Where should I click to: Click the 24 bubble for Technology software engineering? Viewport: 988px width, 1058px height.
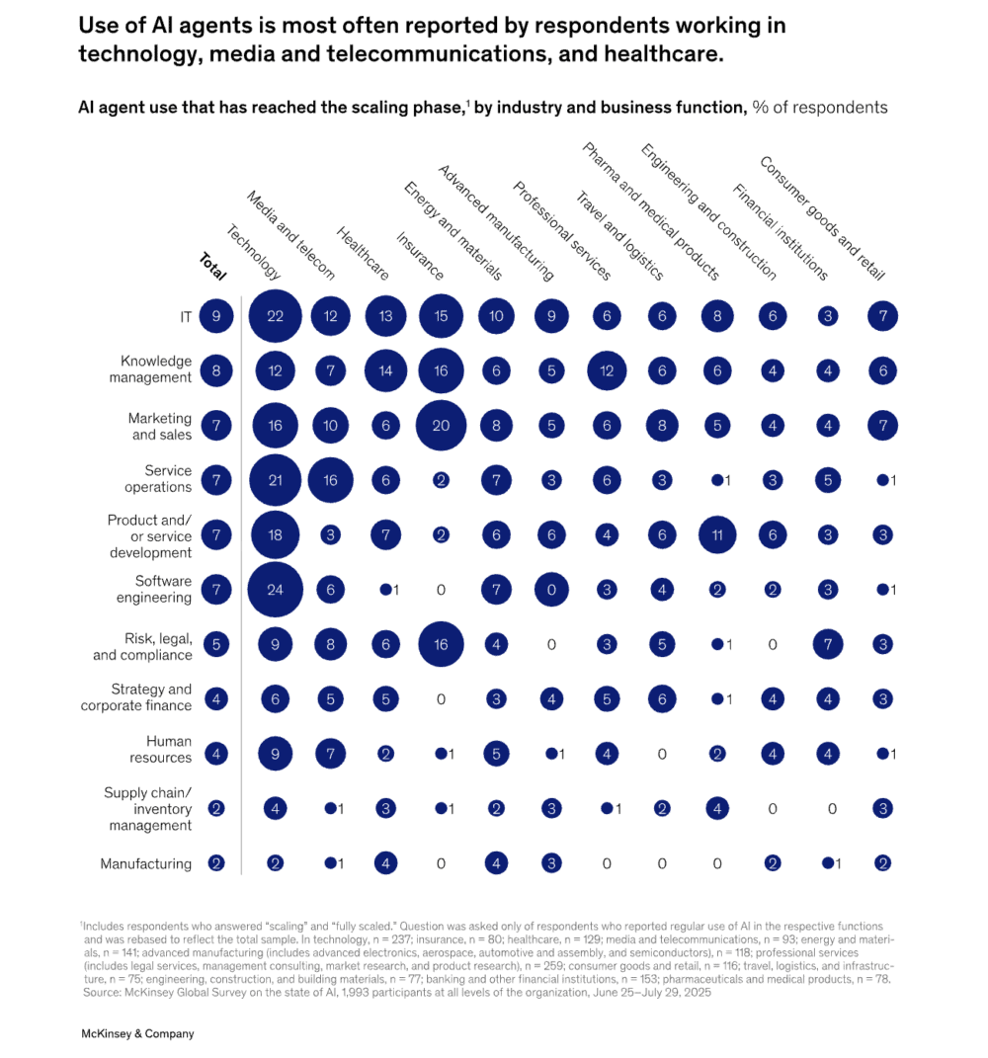click(x=276, y=590)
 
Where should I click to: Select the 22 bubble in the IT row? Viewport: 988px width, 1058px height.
click(x=276, y=317)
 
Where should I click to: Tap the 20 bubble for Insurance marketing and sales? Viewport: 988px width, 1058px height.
click(x=441, y=426)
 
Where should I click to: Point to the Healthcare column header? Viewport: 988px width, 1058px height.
click(x=363, y=254)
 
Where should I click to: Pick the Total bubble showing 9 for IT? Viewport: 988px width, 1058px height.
click(x=215, y=317)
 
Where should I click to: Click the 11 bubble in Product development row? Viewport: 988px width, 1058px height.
click(x=717, y=535)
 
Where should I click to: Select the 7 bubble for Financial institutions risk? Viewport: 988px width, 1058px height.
click(x=828, y=644)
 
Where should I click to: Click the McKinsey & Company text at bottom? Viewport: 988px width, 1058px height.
click(x=137, y=1033)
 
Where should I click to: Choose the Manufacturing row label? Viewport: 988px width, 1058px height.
click(x=145, y=863)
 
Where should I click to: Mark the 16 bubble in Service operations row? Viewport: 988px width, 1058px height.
click(x=331, y=480)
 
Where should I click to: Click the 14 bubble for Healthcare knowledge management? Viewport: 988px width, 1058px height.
click(x=386, y=371)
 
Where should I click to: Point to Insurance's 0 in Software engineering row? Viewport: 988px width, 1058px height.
click(x=441, y=590)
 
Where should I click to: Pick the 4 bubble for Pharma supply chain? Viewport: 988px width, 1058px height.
click(x=717, y=808)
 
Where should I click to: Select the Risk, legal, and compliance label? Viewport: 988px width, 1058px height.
click(x=142, y=645)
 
